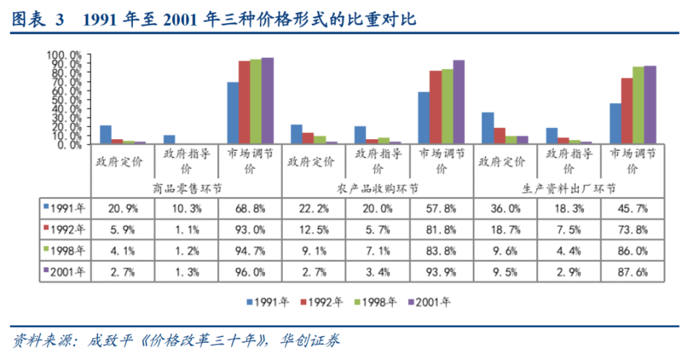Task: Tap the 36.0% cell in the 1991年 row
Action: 505,208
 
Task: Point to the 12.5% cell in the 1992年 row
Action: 313,229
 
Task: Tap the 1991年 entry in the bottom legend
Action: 269,301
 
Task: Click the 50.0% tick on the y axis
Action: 66,100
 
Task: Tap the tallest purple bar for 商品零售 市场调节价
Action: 267,101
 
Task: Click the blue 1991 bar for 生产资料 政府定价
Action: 487,128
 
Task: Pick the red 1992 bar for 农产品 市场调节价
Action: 435,107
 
